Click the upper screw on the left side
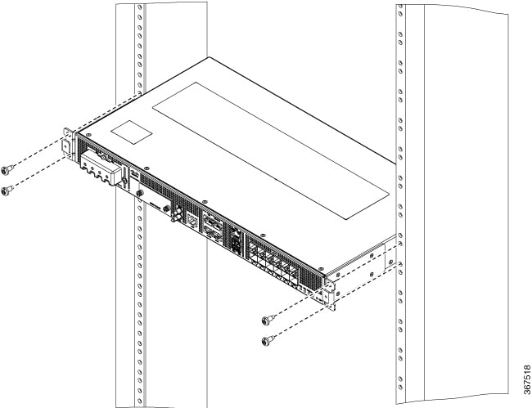point(8,169)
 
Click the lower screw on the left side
point(8,191)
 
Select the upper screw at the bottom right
point(268,320)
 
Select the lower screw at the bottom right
point(268,340)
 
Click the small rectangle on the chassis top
point(131,132)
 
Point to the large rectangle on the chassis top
point(270,150)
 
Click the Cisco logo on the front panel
point(135,175)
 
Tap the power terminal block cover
point(101,168)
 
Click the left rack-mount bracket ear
point(67,144)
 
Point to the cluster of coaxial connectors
point(176,214)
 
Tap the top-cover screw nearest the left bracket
point(88,135)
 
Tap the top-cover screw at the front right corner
point(321,268)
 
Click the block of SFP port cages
point(273,260)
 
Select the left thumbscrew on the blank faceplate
point(139,193)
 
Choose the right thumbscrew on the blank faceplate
point(166,208)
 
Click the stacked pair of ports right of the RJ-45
point(213,230)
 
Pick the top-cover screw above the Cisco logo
point(147,168)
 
